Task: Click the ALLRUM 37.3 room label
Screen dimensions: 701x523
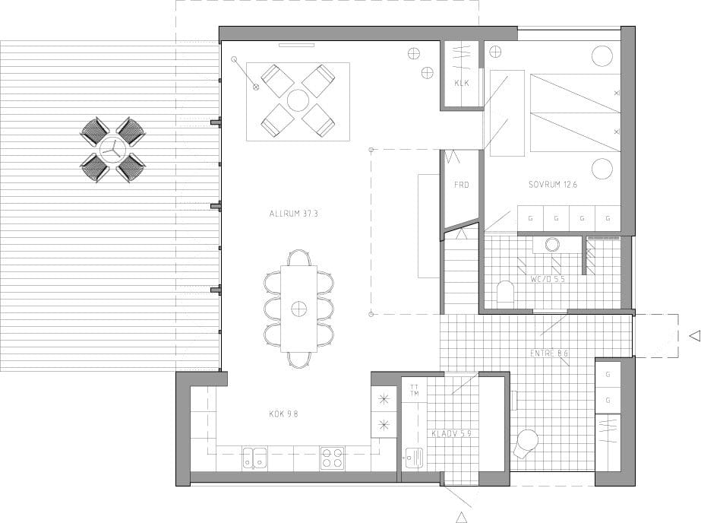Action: tap(293, 214)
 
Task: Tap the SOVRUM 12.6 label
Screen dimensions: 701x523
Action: tap(553, 184)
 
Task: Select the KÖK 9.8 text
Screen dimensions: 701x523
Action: tap(283, 414)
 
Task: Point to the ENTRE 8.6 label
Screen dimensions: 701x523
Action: tap(549, 353)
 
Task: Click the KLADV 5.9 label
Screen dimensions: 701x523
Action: tap(451, 433)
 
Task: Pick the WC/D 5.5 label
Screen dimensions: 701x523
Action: tap(548, 279)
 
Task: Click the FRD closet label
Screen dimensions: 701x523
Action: tap(461, 185)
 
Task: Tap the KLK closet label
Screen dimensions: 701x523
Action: tap(461, 83)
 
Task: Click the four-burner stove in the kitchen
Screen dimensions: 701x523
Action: tap(332, 458)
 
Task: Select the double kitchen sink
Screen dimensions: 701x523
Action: tap(254, 458)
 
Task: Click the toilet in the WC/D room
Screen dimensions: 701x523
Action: tap(506, 292)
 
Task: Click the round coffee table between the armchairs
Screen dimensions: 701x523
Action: tap(297, 100)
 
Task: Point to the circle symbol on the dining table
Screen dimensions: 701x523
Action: tap(298, 309)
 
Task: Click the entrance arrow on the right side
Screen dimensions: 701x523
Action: tap(695, 336)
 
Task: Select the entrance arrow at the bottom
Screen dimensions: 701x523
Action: tap(461, 518)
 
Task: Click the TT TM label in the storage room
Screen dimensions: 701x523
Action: tap(415, 390)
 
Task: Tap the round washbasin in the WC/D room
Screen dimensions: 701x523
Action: tap(552, 244)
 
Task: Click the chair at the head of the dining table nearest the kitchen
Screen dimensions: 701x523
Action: tap(299, 360)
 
